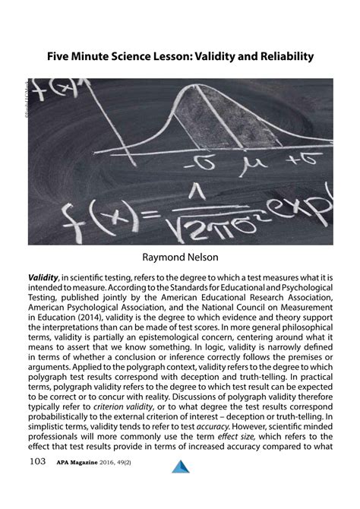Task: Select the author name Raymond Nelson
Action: click(x=180, y=258)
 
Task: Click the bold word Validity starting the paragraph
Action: click(x=44, y=278)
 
